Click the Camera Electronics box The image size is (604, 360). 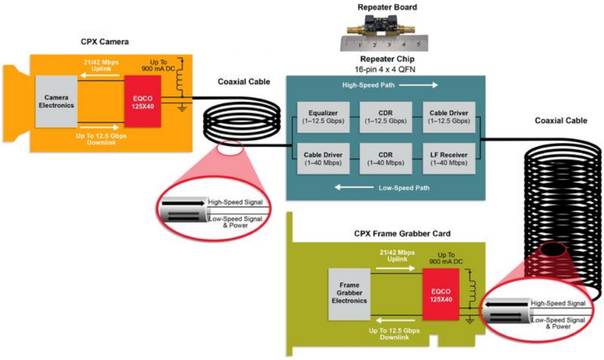tap(57, 101)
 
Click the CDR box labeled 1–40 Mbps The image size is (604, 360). tap(386, 158)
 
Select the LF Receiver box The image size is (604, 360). tap(449, 158)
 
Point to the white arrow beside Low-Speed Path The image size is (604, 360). tap(352, 188)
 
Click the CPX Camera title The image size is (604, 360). tap(104, 42)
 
